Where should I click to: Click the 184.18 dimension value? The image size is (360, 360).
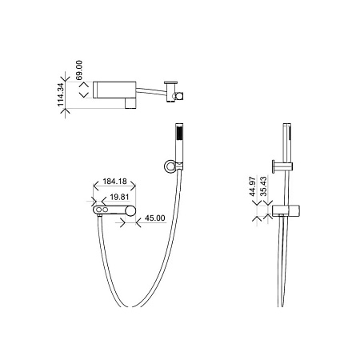coord(114,182)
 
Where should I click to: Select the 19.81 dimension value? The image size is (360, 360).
coord(119,197)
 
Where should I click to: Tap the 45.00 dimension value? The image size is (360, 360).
coord(155,218)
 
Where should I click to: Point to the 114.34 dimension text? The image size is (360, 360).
coord(61,94)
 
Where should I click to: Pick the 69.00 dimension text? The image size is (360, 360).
coord(79,70)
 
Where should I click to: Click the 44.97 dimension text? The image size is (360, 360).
coord(253,186)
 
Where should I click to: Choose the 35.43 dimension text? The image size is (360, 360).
coord(264,186)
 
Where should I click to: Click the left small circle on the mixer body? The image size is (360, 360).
coord(99,210)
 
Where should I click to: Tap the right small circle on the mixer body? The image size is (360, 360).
coord(106,210)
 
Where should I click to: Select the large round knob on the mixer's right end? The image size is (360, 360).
coord(130,210)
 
